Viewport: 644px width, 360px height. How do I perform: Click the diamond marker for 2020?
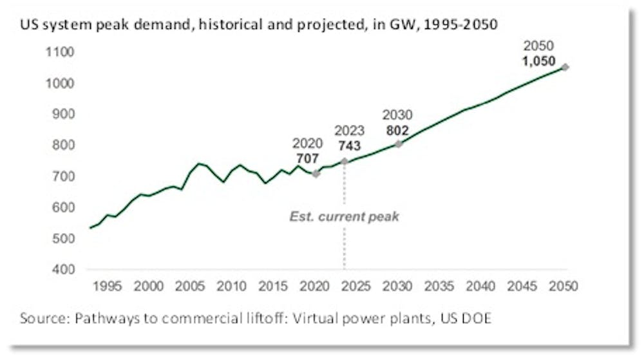(316, 173)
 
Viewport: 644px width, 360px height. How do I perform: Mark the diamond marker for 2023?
(344, 161)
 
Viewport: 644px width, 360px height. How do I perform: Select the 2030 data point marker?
(399, 144)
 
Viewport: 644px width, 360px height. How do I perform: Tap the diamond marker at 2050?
(565, 67)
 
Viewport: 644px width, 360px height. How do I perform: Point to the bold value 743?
(348, 146)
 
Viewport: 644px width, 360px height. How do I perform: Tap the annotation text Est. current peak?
(343, 216)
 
